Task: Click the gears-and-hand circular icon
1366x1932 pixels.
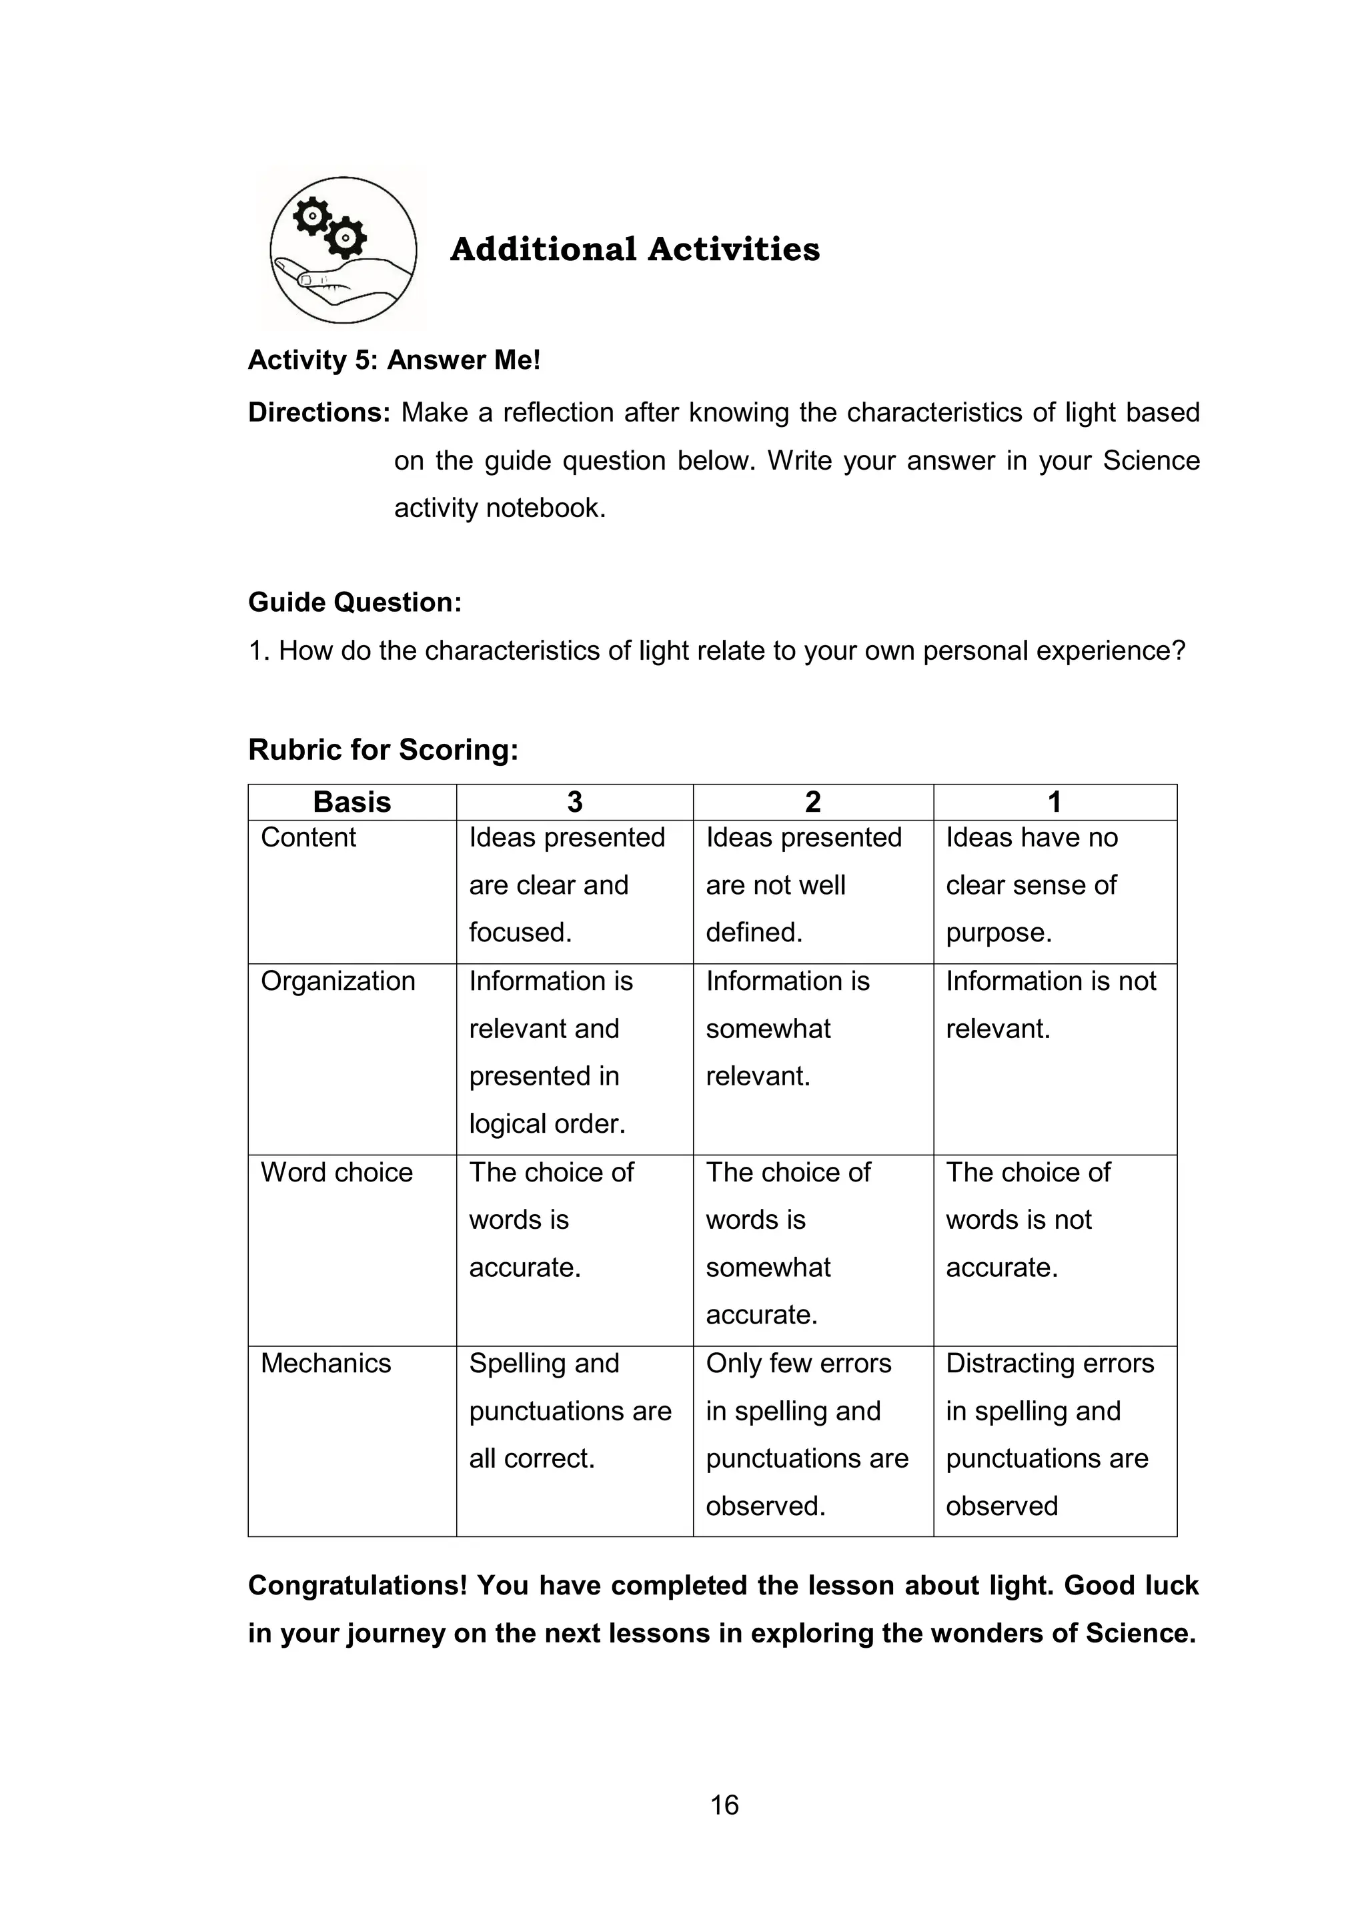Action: (344, 250)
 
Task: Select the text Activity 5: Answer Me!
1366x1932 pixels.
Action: (394, 360)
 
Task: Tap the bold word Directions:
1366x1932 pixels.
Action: (319, 412)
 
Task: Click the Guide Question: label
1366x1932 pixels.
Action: (355, 602)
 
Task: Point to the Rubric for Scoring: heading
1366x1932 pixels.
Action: (383, 750)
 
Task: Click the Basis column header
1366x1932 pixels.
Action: (352, 802)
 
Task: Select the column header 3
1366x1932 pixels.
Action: (574, 802)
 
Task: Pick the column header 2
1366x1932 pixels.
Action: (812, 802)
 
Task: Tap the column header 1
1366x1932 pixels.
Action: (1054, 802)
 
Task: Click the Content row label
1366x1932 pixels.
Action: (308, 838)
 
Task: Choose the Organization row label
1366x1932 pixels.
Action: (337, 981)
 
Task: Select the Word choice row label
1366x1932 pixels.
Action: (336, 1172)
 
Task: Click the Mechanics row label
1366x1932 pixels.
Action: (325, 1363)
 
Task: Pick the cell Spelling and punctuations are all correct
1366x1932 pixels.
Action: (570, 1411)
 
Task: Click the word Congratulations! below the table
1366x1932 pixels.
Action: (358, 1585)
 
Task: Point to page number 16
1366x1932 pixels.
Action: (724, 1805)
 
